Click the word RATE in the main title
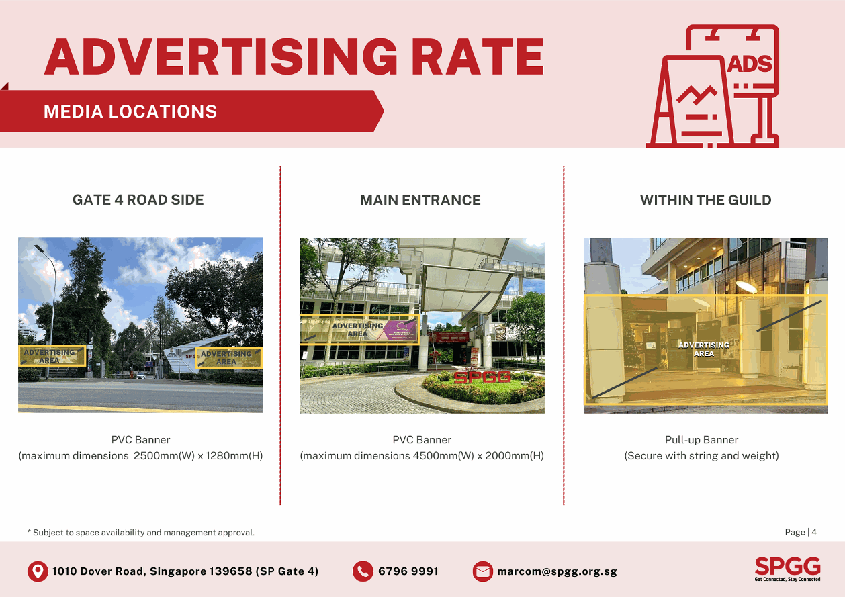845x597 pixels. click(478, 56)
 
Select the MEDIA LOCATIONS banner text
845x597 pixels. click(130, 111)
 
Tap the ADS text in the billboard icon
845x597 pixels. click(750, 64)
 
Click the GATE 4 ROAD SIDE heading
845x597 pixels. click(138, 200)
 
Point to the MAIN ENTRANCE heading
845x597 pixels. click(420, 200)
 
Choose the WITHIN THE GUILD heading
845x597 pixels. click(705, 200)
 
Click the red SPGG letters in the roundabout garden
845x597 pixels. click(482, 377)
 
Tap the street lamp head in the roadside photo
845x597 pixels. click(39, 248)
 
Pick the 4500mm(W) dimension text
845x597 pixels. click(443, 455)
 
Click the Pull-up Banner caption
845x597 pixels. click(701, 440)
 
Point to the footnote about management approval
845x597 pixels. click(141, 532)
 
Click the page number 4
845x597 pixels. click(814, 532)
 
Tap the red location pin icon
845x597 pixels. click(38, 571)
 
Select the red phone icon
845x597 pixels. click(363, 571)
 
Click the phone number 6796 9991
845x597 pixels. click(408, 571)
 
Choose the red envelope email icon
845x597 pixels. click(482, 571)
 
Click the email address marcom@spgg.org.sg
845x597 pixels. click(557, 571)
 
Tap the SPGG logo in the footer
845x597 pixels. click(788, 569)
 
